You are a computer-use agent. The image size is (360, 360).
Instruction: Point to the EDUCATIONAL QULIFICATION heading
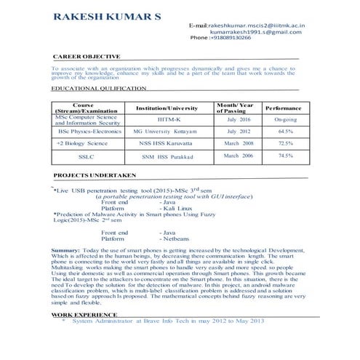(x=99, y=88)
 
